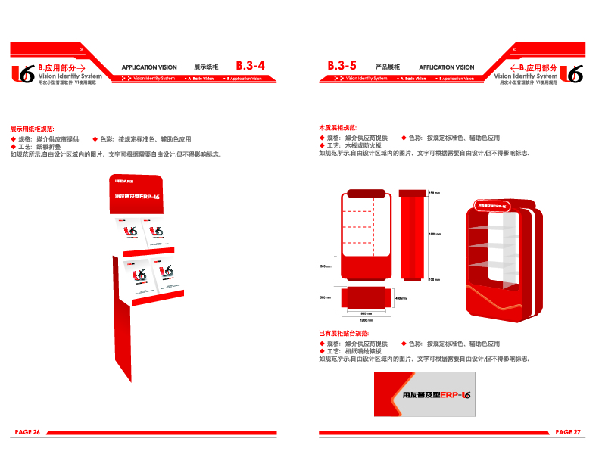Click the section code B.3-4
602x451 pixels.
tap(250, 66)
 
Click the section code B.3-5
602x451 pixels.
tap(342, 66)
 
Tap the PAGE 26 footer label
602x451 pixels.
tap(27, 432)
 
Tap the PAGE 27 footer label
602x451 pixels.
tap(567, 432)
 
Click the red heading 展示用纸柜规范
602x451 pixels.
tap(32, 129)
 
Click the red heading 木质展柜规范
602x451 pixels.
tap(338, 129)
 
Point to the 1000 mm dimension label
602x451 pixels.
tap(435, 234)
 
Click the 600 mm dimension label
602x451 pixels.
tap(326, 266)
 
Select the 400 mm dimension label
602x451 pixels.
tap(402, 297)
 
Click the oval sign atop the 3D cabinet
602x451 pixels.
tap(492, 204)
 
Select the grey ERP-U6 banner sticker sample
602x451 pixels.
tap(425, 394)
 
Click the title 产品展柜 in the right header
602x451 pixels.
tap(388, 67)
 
